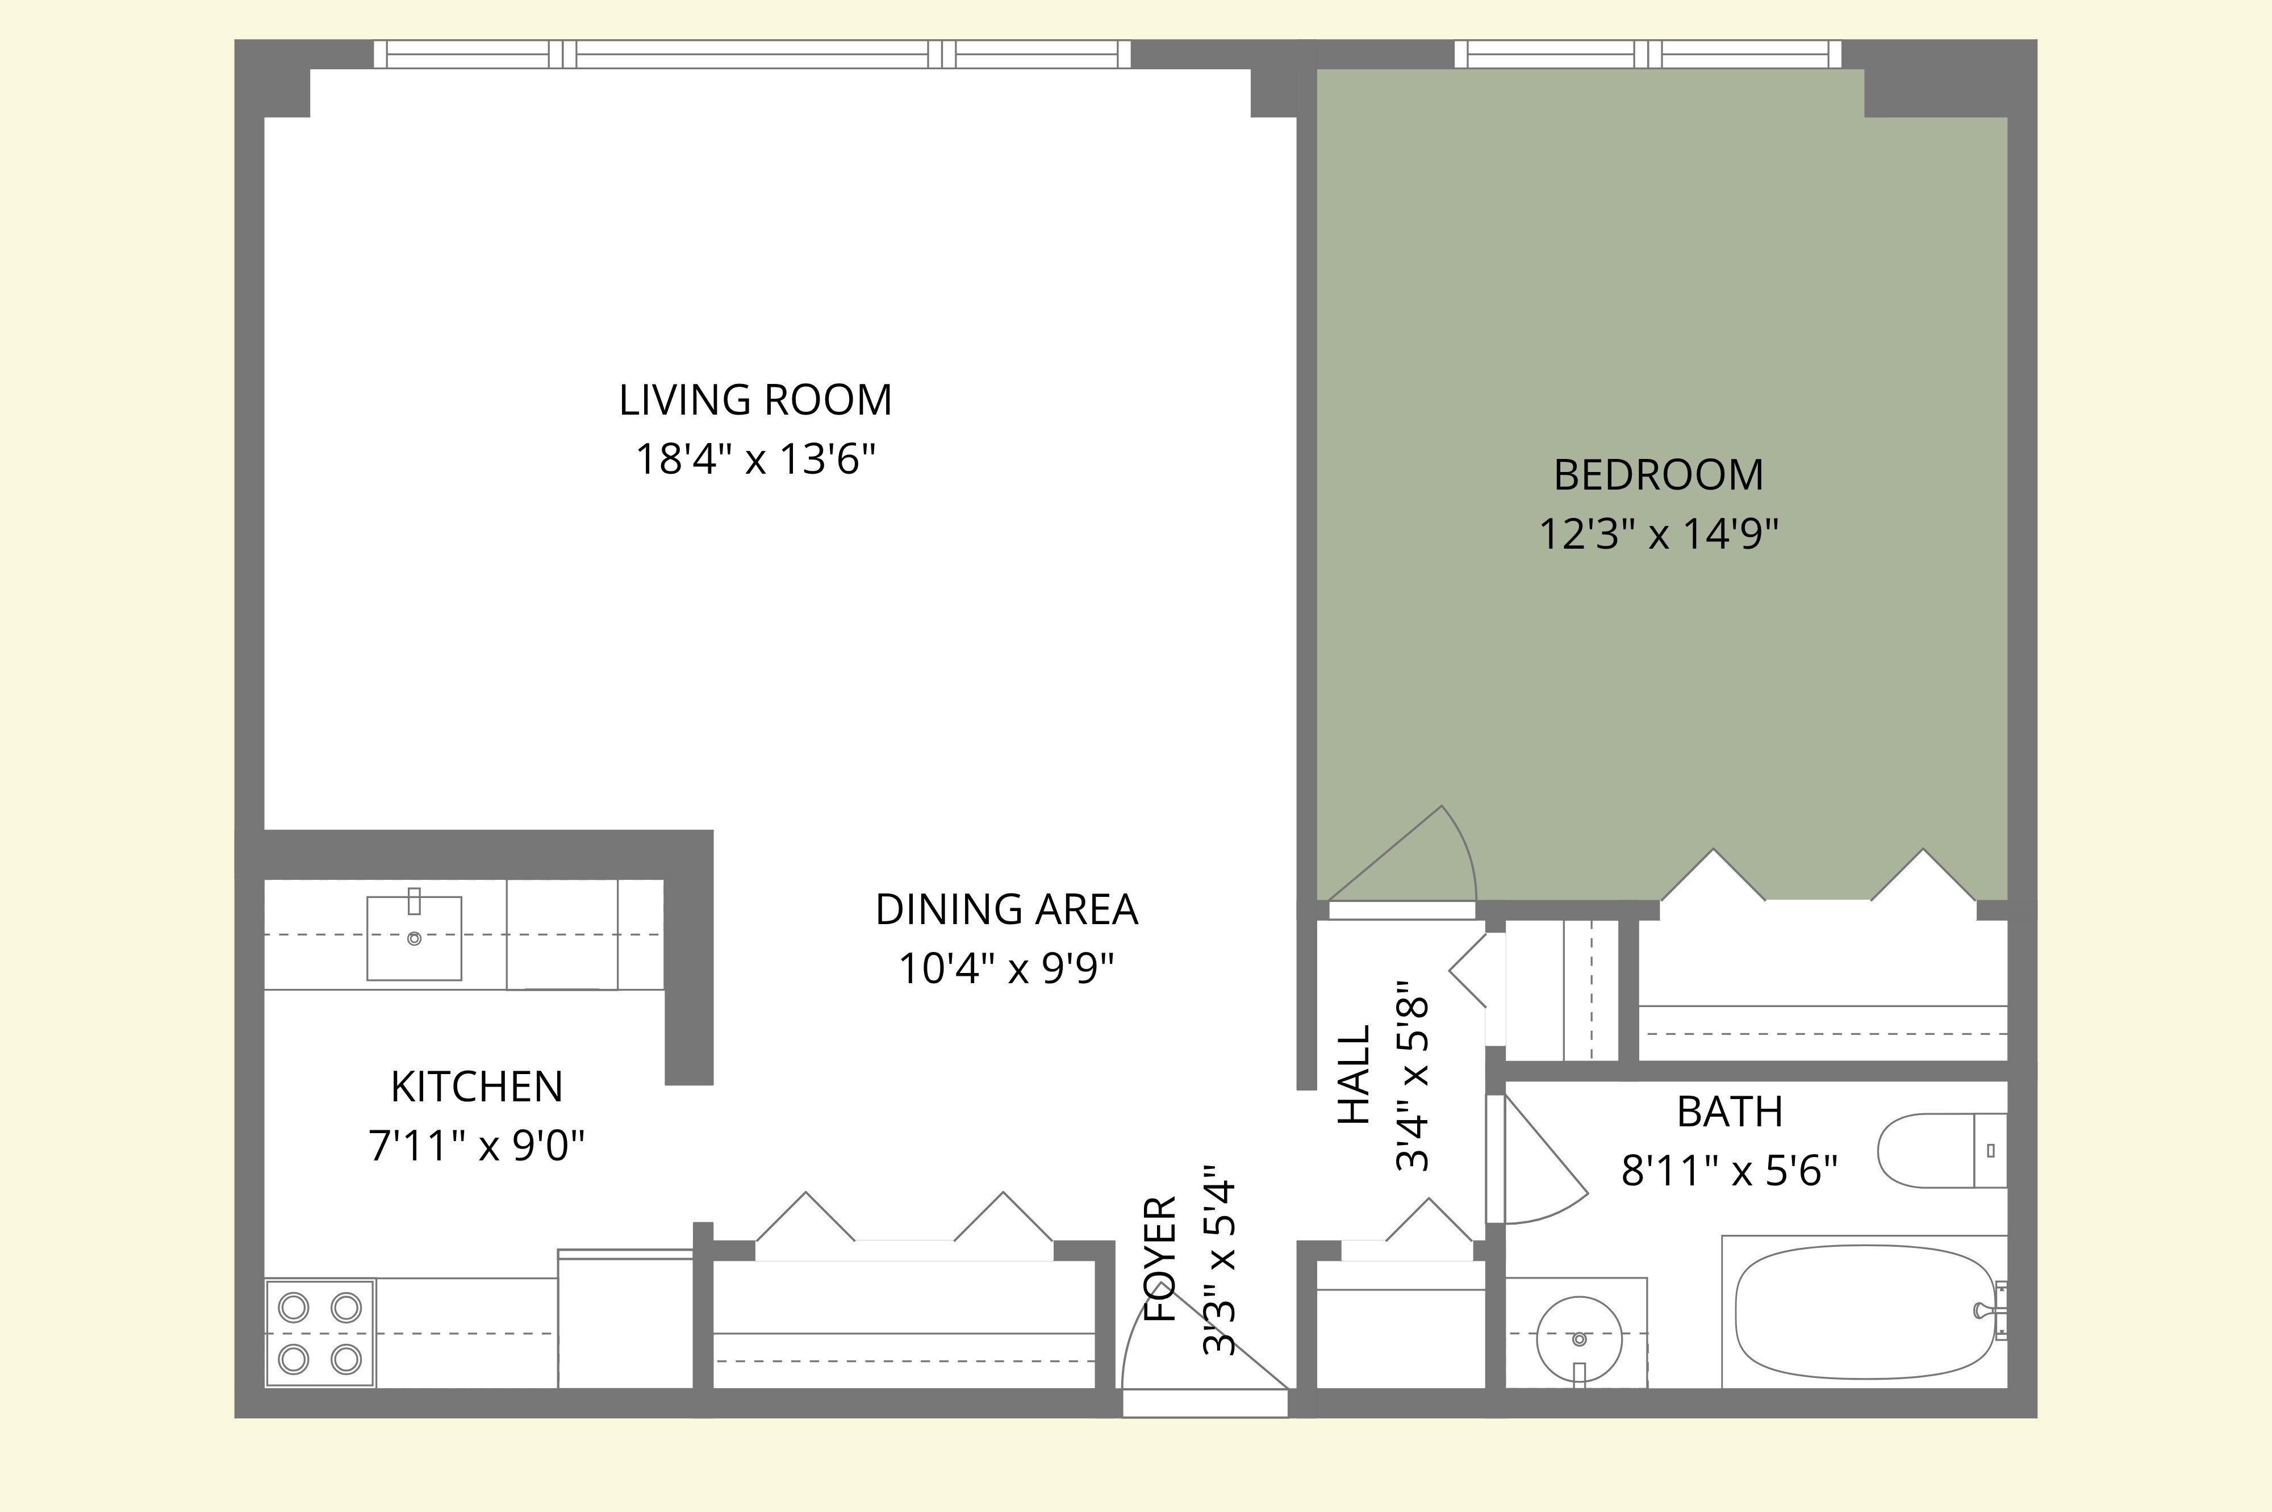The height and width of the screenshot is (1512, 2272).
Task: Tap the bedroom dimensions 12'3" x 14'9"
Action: tap(1658, 533)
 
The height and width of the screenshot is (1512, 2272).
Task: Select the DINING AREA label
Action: tap(1006, 909)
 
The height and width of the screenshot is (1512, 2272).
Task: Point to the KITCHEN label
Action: tap(477, 1087)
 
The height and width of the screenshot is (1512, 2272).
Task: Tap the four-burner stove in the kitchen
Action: tap(319, 1334)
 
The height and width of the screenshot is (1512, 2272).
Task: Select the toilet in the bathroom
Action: tap(1939, 1150)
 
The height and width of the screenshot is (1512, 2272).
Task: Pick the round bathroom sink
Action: tap(1578, 1339)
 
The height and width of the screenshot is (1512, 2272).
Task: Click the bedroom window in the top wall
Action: tap(1647, 54)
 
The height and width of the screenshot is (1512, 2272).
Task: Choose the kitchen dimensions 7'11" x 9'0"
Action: tap(477, 1147)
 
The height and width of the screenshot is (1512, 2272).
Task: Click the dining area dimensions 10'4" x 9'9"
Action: tap(1006, 968)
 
